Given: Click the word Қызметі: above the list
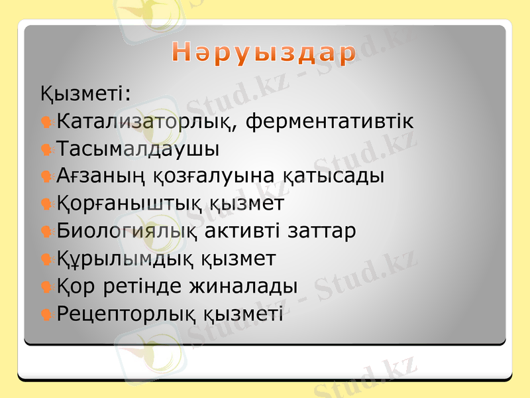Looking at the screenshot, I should tap(85, 94).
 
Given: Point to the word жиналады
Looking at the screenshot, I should tap(243, 286).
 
